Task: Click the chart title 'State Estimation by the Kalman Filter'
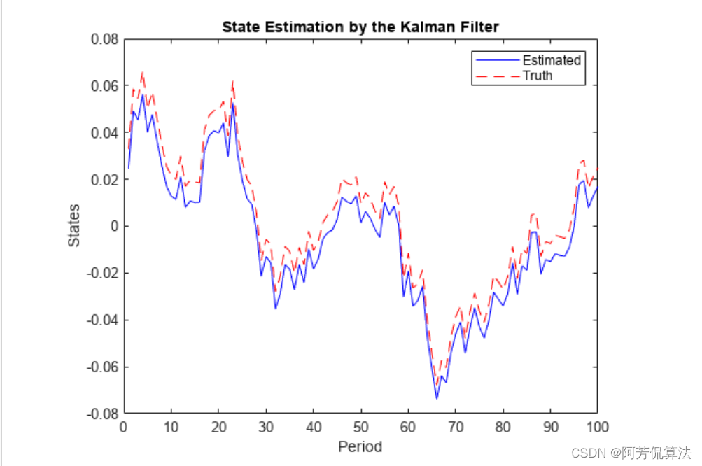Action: click(x=360, y=27)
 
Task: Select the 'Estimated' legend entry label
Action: click(x=552, y=60)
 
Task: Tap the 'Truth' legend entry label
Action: click(x=538, y=76)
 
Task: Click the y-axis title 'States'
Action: click(x=73, y=225)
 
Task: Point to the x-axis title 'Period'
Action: click(x=360, y=446)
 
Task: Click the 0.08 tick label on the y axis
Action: click(x=104, y=39)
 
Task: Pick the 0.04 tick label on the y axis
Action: click(x=104, y=132)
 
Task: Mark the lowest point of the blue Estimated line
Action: click(x=437, y=399)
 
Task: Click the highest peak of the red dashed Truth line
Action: click(x=143, y=72)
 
